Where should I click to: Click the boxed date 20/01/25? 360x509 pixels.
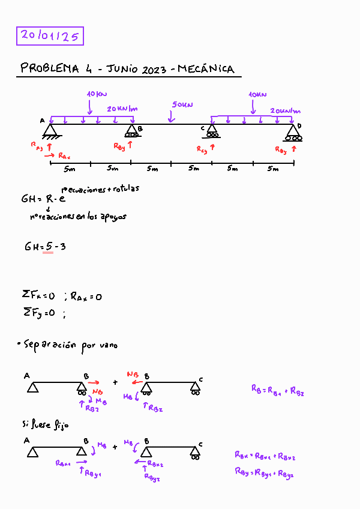[x=50, y=36]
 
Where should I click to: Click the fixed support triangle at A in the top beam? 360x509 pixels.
[x=50, y=130]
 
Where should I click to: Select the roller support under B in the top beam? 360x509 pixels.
[x=131, y=132]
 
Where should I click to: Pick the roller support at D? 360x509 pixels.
[x=293, y=132]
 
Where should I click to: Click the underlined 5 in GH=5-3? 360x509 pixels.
[x=48, y=246]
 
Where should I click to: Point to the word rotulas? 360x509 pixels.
[x=125, y=188]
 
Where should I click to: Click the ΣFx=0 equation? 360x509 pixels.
[x=38, y=295]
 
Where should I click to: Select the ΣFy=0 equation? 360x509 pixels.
[x=38, y=312]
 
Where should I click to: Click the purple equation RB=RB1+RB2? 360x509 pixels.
[x=277, y=390]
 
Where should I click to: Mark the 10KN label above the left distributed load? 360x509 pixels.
[x=97, y=94]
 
